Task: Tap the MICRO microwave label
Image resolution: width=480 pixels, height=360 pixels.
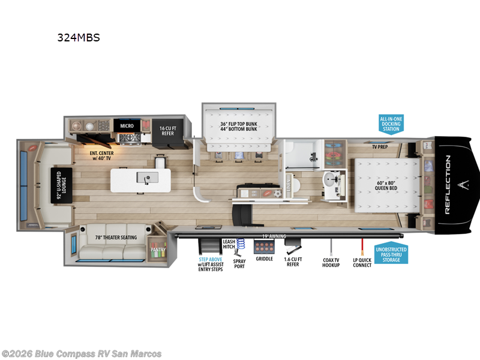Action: coord(127,126)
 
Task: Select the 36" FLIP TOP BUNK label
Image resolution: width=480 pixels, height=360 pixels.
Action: coord(238,125)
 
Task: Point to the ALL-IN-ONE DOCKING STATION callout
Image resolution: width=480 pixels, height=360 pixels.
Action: coord(391,124)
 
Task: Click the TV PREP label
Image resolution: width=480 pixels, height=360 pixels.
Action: coord(379,146)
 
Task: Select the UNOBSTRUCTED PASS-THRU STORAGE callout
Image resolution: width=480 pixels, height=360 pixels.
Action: coord(391,254)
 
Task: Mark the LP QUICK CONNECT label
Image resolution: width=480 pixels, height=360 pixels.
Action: coord(362,262)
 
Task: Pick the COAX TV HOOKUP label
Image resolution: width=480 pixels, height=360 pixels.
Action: coord(331,262)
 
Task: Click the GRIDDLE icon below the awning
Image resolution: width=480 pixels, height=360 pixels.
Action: coord(264,247)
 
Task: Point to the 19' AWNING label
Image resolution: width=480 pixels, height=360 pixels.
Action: coord(274,236)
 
